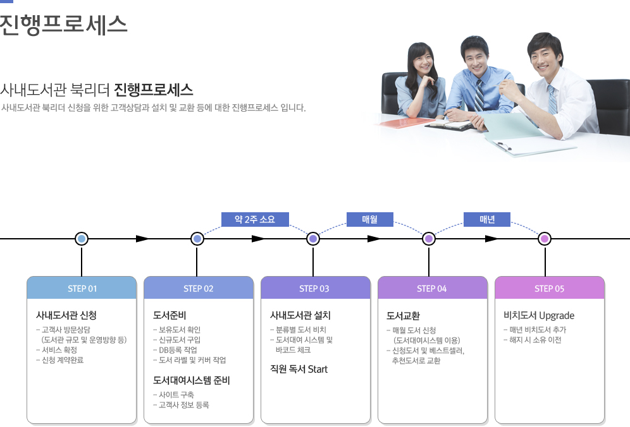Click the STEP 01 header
(x=82, y=289)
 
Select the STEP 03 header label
(x=314, y=289)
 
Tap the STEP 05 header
(x=549, y=289)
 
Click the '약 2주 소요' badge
(x=255, y=219)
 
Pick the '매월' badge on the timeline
(x=369, y=219)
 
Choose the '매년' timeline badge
(x=487, y=219)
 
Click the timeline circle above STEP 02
(x=197, y=239)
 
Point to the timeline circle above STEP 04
(x=429, y=239)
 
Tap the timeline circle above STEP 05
(x=545, y=239)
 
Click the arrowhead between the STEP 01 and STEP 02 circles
(x=143, y=239)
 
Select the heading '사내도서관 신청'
(x=66, y=315)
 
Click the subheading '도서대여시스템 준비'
(x=191, y=380)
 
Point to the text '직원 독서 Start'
(x=299, y=369)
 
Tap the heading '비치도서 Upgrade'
(x=538, y=315)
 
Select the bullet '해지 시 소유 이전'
(x=535, y=340)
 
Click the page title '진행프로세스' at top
(x=63, y=24)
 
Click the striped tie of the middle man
(x=479, y=95)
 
